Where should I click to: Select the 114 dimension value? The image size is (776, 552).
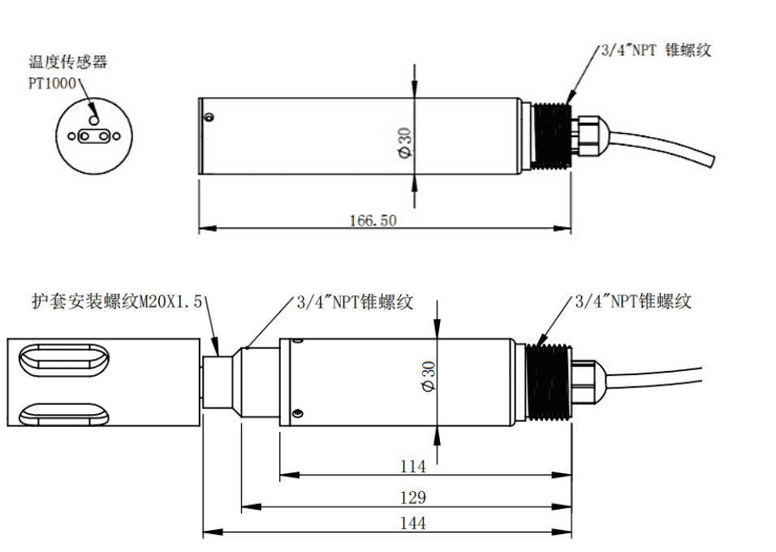413,467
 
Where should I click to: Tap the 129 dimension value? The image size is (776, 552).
413,497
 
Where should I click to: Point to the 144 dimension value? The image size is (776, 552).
413,524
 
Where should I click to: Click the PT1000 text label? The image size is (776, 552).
52,83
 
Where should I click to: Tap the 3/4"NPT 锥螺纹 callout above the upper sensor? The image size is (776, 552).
654,50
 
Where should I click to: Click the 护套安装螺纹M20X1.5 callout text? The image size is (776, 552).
115,302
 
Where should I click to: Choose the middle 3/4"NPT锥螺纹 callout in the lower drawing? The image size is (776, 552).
354,302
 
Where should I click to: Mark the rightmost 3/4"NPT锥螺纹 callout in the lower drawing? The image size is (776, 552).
632,301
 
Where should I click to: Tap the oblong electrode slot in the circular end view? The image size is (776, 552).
95,136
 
